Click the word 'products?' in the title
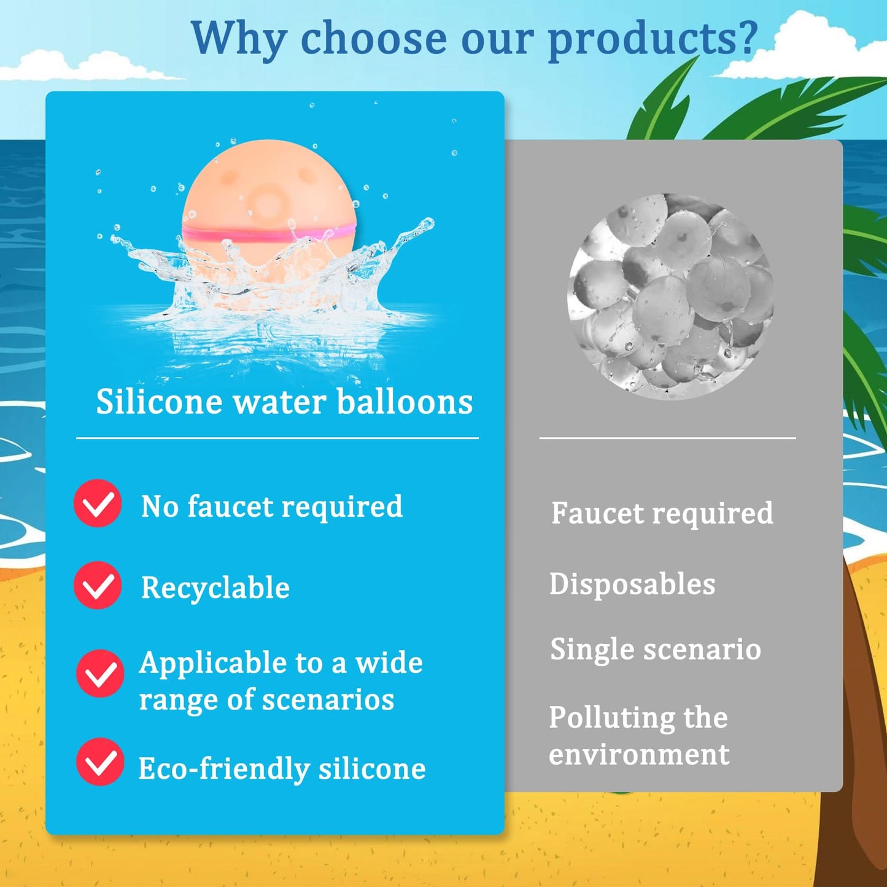tap(653, 38)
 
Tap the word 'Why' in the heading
tap(238, 38)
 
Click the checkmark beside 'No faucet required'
tap(98, 503)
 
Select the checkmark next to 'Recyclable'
tap(98, 586)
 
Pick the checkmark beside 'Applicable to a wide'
tap(100, 673)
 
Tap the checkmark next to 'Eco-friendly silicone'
tap(100, 762)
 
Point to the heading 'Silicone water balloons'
tap(284, 402)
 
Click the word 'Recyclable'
tap(215, 587)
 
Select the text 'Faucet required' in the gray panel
tap(662, 513)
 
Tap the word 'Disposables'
tap(632, 584)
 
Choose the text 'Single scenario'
tap(656, 649)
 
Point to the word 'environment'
tap(639, 754)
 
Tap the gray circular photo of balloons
tap(670, 296)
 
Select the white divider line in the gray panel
tap(667, 438)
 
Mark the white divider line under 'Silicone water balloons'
tap(277, 438)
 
